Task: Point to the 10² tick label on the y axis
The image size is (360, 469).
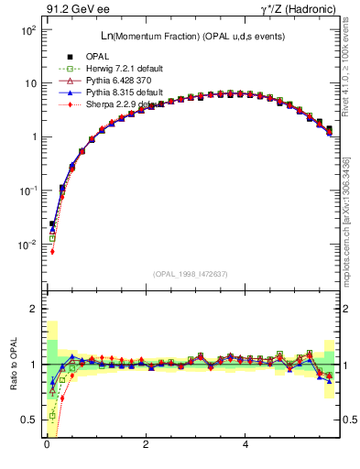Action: coord(27,30)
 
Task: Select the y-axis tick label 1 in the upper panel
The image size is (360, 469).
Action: coord(34,137)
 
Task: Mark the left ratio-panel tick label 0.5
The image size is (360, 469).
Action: coord(28,420)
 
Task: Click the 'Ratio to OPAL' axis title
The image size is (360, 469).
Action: coord(12,365)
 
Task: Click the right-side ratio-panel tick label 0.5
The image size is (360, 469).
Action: coord(349,420)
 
